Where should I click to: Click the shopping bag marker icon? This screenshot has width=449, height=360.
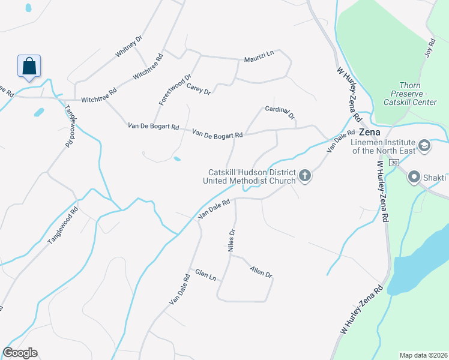click(28, 67)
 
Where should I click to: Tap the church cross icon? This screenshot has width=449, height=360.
click(305, 176)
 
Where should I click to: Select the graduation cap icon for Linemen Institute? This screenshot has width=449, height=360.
click(424, 146)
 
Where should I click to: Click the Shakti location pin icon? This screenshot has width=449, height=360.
click(414, 177)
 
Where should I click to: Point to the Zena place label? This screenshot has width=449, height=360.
click(370, 131)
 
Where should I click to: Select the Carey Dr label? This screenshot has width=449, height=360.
click(199, 89)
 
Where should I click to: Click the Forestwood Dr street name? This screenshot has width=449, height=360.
click(175, 90)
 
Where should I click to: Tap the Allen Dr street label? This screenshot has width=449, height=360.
click(261, 271)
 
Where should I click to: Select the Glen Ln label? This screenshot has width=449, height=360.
click(205, 275)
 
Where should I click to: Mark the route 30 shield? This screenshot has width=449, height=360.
click(393, 163)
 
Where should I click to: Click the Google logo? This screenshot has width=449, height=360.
click(20, 353)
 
